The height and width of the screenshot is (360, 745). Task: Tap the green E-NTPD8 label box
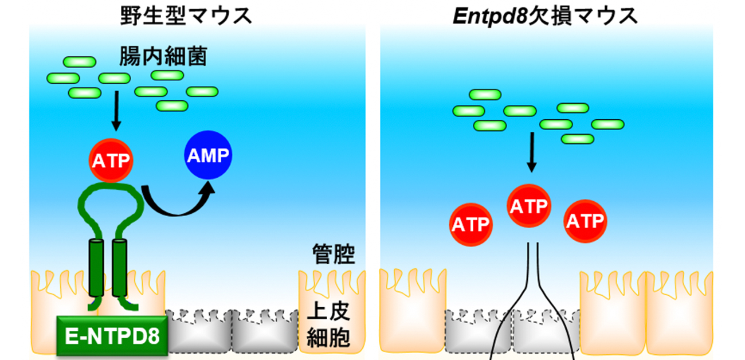pos(112,334)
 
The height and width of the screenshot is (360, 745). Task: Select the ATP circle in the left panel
pos(111,161)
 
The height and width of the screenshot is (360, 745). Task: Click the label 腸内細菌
pos(163,57)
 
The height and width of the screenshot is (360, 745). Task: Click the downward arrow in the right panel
pos(532,152)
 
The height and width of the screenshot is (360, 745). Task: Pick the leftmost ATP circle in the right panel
pos(471,224)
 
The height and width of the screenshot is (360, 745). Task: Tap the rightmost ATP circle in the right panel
pos(586,221)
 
